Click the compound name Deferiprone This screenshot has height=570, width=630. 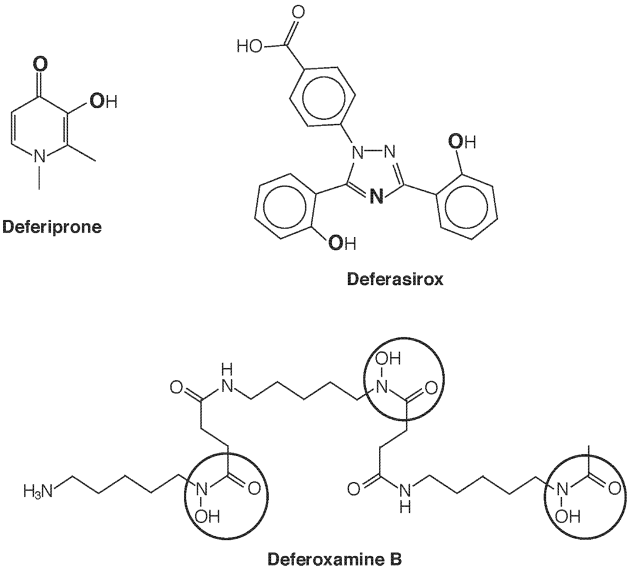[52, 227]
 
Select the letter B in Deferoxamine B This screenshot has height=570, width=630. [396, 560]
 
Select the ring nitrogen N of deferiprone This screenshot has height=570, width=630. [40, 158]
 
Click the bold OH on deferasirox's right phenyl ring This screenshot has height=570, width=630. [462, 143]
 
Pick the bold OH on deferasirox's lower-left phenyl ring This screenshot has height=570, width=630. [341, 244]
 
